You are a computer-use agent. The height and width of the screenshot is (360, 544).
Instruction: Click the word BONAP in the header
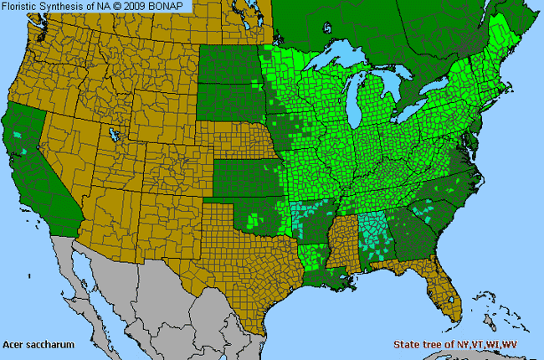(172, 7)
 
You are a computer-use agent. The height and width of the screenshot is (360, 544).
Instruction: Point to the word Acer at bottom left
(13, 344)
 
